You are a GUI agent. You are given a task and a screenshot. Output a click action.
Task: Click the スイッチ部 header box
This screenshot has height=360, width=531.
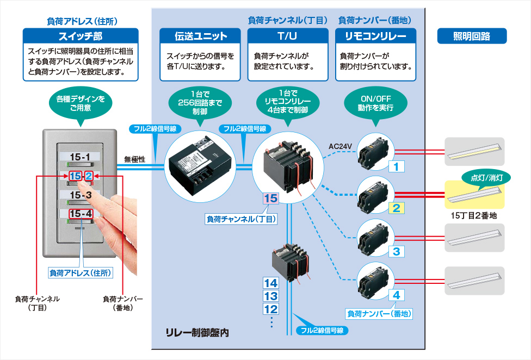[x=80, y=36]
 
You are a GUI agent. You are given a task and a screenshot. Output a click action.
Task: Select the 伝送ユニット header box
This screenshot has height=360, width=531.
[x=201, y=36]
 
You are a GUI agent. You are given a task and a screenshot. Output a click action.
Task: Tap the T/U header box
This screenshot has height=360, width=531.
[x=288, y=36]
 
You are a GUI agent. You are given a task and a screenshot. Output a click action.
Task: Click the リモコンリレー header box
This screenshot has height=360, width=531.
[x=376, y=36]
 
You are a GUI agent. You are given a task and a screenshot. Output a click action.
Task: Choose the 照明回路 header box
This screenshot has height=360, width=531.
[x=472, y=36]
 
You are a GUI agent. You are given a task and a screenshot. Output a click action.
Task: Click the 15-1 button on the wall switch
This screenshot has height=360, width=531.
[x=81, y=157]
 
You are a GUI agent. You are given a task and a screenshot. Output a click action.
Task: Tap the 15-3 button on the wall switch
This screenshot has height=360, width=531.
[x=81, y=194]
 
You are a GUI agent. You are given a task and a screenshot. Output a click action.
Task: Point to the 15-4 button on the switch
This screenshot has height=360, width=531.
[x=81, y=213]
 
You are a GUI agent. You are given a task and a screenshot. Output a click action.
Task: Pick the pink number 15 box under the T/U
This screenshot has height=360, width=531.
[x=270, y=198]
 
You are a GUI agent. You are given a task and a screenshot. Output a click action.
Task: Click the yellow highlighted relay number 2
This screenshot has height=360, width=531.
[x=397, y=208]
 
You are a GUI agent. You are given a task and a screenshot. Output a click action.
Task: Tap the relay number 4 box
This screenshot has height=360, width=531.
[x=397, y=295]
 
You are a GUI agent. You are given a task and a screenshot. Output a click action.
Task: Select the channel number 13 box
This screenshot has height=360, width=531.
[x=270, y=296]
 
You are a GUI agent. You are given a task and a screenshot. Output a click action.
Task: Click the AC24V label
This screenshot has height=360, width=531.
[x=341, y=146]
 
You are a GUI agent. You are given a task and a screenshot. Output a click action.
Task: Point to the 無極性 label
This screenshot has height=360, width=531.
[x=134, y=159]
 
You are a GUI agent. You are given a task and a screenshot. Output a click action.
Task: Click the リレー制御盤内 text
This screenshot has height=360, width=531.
[x=197, y=332]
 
